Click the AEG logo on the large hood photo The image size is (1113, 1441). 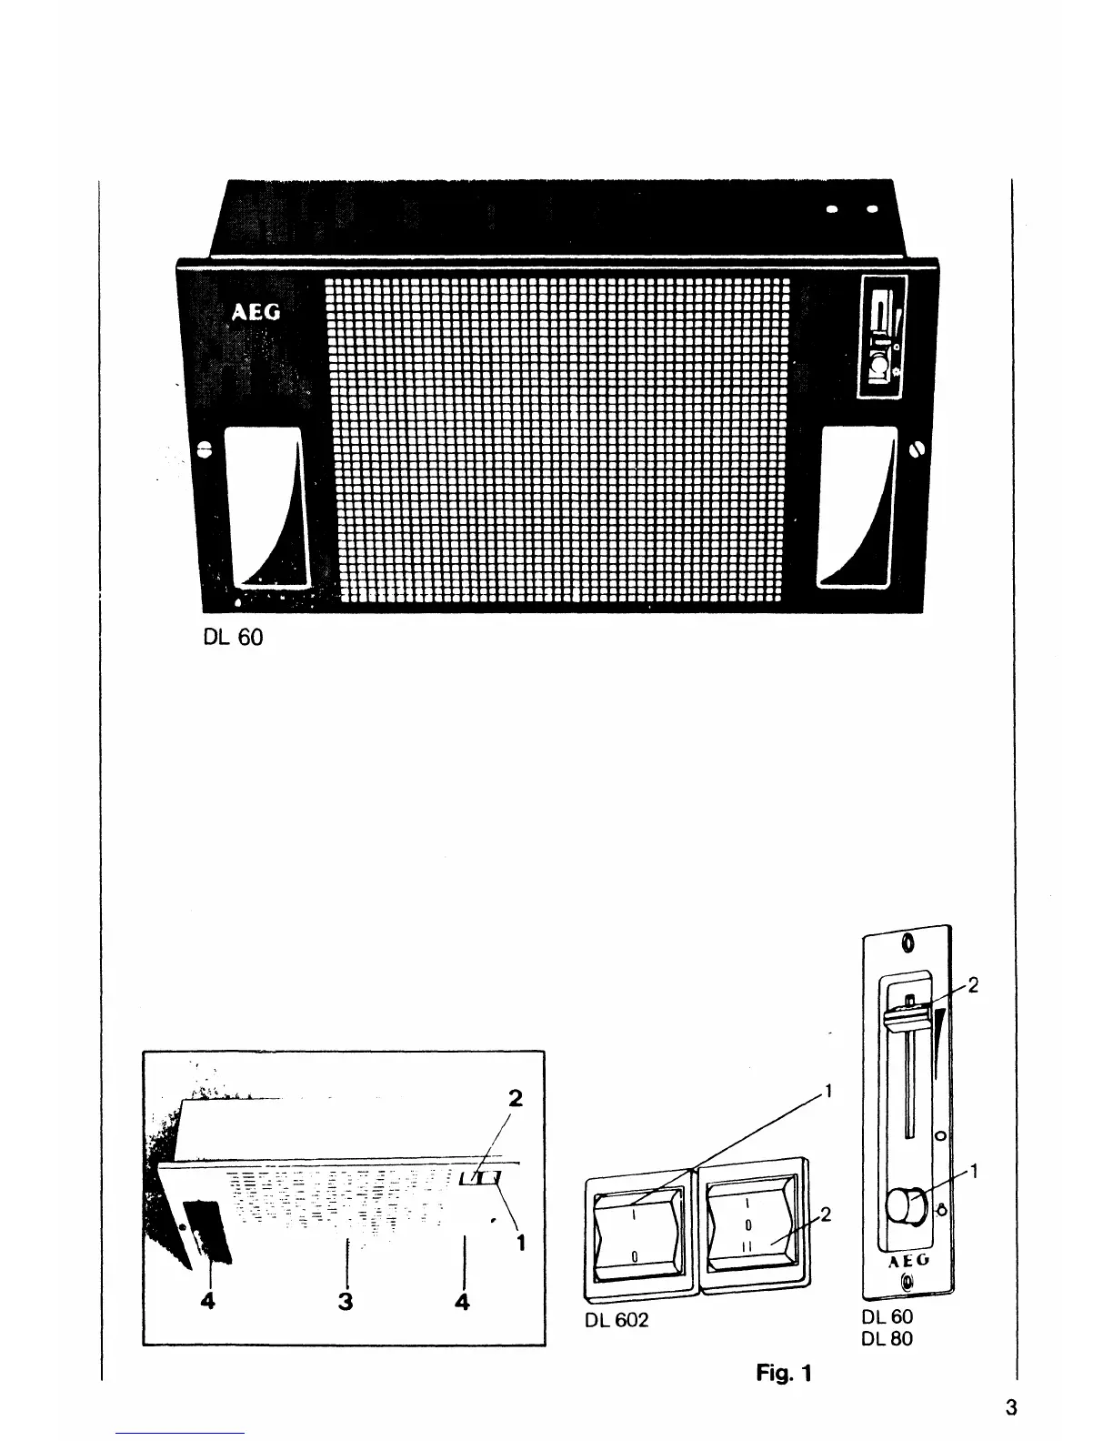coord(256,313)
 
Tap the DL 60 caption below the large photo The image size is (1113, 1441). coord(232,638)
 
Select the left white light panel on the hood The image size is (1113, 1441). coord(266,507)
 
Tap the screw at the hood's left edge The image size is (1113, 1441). coord(205,448)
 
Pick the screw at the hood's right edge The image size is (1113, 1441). coord(916,448)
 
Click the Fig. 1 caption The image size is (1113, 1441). coord(783,1373)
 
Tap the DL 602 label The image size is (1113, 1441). coord(617,1320)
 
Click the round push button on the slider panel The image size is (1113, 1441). coord(902,1206)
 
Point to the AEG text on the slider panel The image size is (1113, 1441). coord(906,1264)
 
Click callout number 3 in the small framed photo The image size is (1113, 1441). coord(346,1302)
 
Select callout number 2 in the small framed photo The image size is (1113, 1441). coord(516,1098)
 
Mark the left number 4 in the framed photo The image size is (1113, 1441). coord(208,1302)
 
